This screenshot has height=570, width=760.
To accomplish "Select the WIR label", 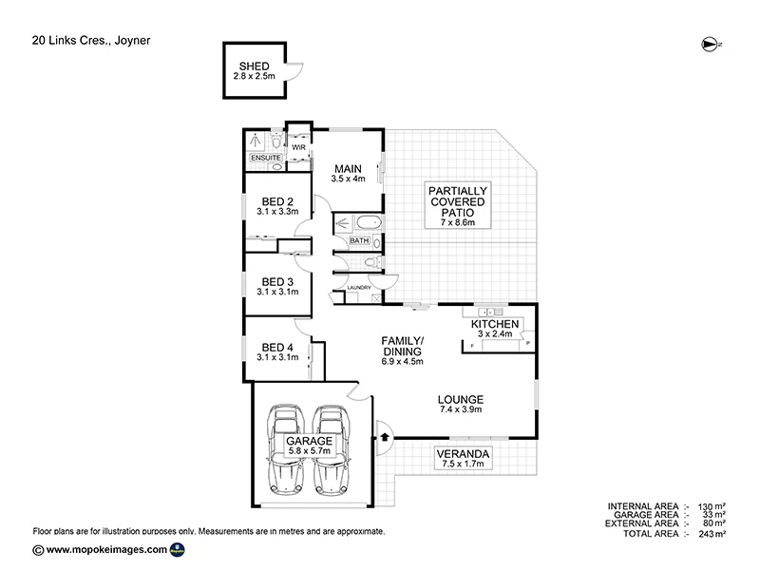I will pyautogui.click(x=297, y=148).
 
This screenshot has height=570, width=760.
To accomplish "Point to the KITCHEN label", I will pyautogui.click(x=495, y=324).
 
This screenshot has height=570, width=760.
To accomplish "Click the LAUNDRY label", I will pyautogui.click(x=358, y=287).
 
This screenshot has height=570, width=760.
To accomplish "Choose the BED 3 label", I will pyautogui.click(x=276, y=282).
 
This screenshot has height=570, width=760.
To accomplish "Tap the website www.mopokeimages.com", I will pyautogui.click(x=106, y=550).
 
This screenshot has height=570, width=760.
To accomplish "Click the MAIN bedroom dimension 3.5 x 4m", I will pyautogui.click(x=348, y=179).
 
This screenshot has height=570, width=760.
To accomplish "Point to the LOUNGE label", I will pyautogui.click(x=462, y=400).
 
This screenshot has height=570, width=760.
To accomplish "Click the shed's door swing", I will pyautogui.click(x=295, y=67).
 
